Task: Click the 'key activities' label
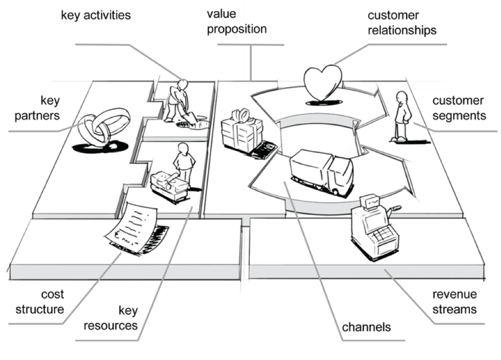point(96,15)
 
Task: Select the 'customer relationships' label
point(402,23)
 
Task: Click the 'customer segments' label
point(458,108)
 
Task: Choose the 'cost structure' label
point(40,301)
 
